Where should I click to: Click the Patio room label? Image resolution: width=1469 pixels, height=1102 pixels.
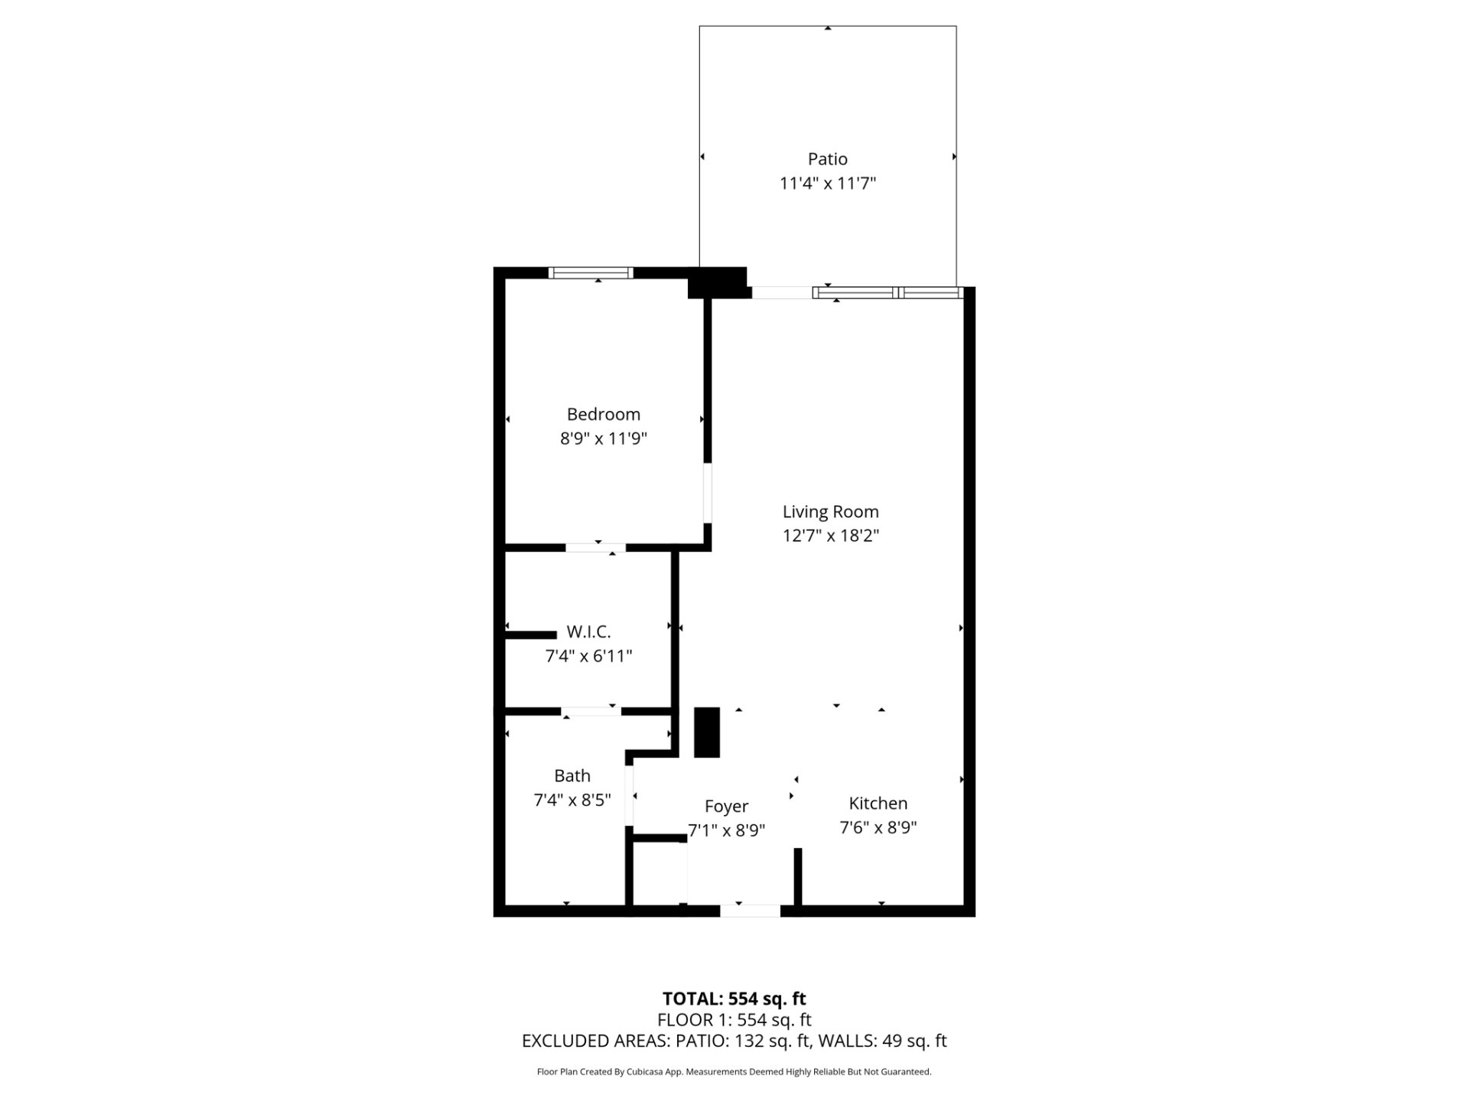tap(827, 159)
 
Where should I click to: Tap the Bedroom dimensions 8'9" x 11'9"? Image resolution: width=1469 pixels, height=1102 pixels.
tap(604, 439)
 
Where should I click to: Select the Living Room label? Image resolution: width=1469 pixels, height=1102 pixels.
tap(830, 512)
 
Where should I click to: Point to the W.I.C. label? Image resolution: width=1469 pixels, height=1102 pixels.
tap(588, 632)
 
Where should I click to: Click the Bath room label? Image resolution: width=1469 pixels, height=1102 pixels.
tap(572, 776)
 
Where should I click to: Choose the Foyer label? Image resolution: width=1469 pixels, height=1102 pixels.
tap(726, 807)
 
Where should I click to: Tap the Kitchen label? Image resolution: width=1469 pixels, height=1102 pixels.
tap(878, 804)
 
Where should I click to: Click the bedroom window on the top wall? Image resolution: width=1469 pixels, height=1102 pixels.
tap(591, 272)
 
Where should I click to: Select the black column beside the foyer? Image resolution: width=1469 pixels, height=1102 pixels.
tap(707, 732)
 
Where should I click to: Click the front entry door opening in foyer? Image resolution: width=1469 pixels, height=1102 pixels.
tap(750, 911)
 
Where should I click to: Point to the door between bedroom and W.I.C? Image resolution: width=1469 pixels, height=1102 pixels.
tap(595, 547)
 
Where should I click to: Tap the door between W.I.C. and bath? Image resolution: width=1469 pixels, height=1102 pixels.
tap(591, 712)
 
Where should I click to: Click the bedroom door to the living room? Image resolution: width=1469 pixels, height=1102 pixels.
tap(708, 493)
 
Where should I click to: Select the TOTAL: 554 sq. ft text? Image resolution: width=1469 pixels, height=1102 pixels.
tap(734, 999)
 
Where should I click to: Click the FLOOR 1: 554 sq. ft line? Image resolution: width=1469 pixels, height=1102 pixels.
tap(734, 1019)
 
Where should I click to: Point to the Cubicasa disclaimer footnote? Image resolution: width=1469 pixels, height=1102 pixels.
tap(734, 1072)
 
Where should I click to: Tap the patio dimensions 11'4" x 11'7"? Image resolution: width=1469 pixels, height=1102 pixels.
tap(828, 184)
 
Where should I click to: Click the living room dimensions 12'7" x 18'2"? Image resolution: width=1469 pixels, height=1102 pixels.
tap(831, 536)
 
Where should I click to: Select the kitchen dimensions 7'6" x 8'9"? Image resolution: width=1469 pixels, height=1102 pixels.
tap(878, 828)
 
